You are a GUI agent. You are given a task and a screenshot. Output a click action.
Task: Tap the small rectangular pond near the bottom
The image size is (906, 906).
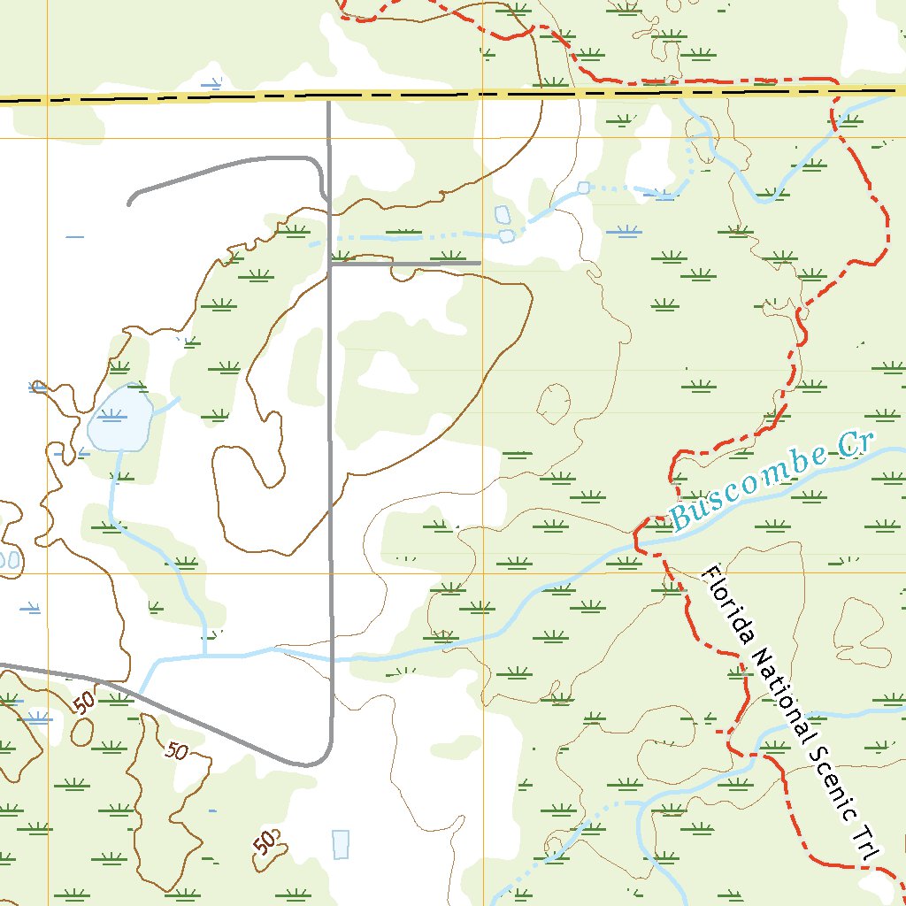(341, 844)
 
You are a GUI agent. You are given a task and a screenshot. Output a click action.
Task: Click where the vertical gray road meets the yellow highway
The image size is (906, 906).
(329, 97)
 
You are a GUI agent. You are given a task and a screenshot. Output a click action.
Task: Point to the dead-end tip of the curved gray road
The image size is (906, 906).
(130, 203)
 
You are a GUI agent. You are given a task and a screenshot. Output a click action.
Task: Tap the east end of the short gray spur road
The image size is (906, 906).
(479, 263)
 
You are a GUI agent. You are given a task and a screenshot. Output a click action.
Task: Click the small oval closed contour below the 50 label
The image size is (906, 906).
(81, 731)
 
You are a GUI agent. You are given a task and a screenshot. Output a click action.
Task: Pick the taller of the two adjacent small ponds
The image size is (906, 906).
(502, 215)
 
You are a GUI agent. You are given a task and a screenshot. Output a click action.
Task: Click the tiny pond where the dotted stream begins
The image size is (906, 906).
(583, 188)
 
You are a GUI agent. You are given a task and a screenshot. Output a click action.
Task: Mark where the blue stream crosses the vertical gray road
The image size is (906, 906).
(332, 657)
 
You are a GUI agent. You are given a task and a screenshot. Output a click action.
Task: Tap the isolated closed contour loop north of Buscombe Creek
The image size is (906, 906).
(555, 404)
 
